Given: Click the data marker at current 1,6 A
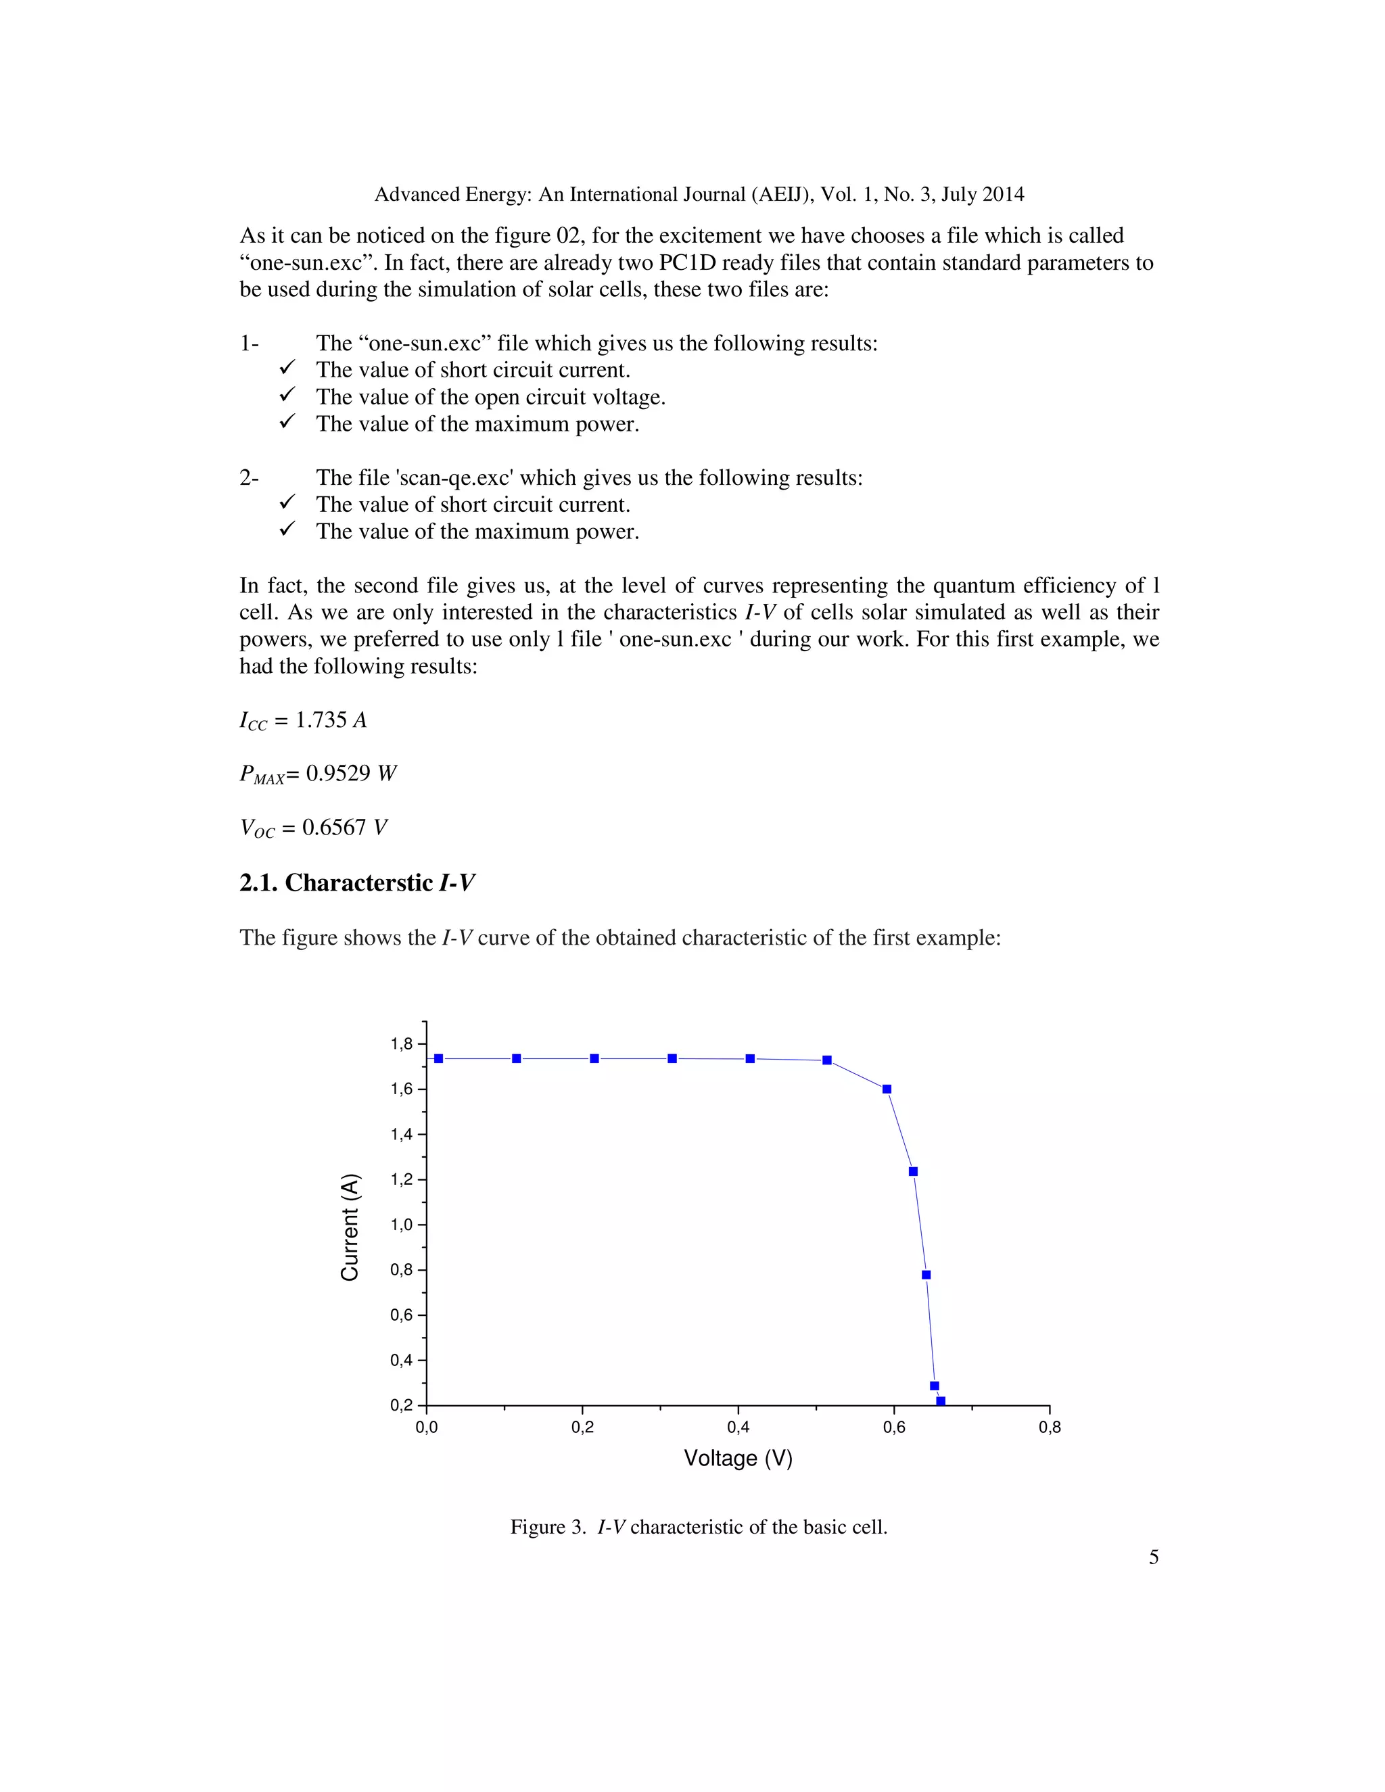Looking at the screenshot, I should [x=886, y=1089].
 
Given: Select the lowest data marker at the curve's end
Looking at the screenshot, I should [x=940, y=1400].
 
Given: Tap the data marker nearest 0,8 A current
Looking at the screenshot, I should [x=926, y=1274].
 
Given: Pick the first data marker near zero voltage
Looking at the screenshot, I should [x=438, y=1058].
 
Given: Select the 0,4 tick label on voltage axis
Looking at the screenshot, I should [x=738, y=1427].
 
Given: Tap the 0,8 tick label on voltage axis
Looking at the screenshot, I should [x=1050, y=1427].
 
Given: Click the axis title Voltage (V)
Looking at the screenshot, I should [x=738, y=1458].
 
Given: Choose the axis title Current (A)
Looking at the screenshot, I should [x=350, y=1227].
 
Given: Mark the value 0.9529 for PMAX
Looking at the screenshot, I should [x=338, y=773].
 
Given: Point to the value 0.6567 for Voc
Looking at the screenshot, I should [x=333, y=827].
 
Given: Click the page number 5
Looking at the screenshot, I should [x=1153, y=1557].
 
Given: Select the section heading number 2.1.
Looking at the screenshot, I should [x=258, y=883].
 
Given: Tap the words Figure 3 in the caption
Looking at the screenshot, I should [x=538, y=1527].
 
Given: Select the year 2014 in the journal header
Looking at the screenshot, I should [x=1004, y=195].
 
